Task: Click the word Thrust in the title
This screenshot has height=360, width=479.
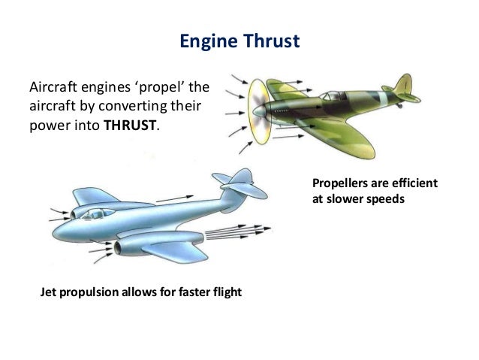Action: point(273,41)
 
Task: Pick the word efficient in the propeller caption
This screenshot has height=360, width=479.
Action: point(415,185)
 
